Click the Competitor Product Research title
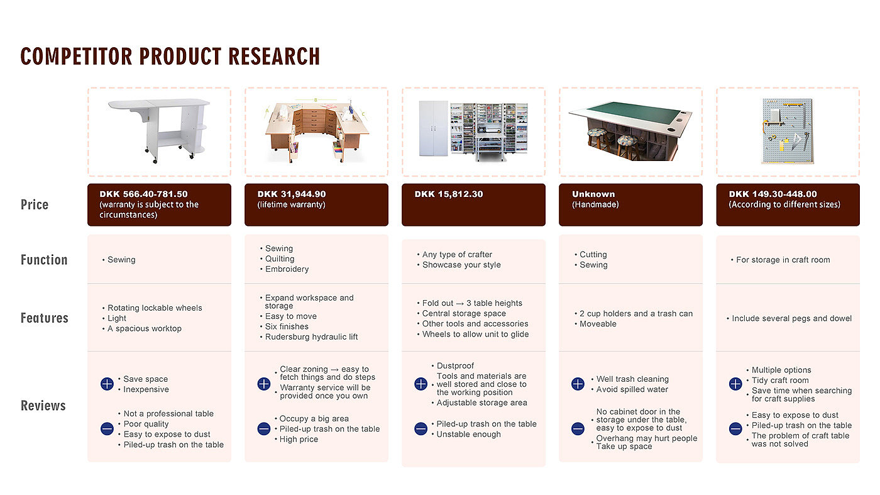(170, 56)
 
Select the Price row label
(35, 204)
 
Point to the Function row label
(44, 260)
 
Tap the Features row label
(44, 318)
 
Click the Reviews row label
(43, 406)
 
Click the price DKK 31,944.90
(292, 194)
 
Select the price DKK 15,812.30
(449, 194)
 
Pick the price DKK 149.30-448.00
(773, 194)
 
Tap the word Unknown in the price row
(593, 194)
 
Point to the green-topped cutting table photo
(630, 131)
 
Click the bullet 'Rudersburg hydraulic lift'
(311, 337)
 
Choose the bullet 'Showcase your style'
(461, 265)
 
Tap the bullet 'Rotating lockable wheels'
(155, 308)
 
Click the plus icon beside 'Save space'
(107, 384)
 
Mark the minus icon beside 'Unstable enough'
(421, 429)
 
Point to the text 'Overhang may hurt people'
(647, 438)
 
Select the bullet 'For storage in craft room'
(783, 260)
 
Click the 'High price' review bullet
(299, 439)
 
